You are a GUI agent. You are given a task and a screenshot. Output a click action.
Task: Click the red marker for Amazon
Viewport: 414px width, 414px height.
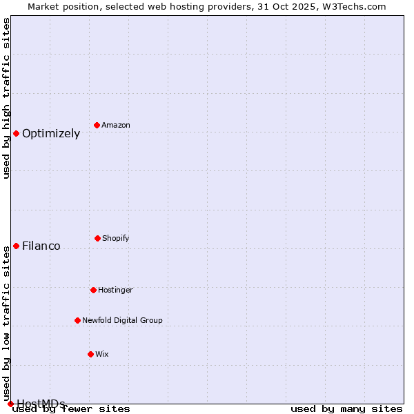(x=97, y=125)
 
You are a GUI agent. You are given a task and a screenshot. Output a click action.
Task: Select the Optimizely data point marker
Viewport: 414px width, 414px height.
(x=16, y=133)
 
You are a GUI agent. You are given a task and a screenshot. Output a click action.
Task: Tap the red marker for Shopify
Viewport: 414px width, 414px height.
(x=97, y=238)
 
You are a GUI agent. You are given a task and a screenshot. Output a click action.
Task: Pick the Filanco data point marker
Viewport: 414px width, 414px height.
(x=16, y=246)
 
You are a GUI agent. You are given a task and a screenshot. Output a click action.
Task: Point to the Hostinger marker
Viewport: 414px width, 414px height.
(x=93, y=290)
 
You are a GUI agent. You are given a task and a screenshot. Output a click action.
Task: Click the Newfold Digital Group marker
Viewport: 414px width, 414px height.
(x=77, y=320)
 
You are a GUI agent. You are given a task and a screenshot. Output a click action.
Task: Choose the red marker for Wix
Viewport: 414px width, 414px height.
(x=90, y=354)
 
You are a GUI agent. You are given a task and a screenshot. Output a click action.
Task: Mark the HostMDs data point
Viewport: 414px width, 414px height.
(x=10, y=404)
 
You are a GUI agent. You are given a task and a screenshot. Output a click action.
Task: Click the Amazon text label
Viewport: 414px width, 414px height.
(x=116, y=125)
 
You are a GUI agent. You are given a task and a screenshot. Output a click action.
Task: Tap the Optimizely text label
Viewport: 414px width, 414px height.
(x=51, y=134)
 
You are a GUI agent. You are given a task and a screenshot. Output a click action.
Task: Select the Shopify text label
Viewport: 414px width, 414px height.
(x=116, y=238)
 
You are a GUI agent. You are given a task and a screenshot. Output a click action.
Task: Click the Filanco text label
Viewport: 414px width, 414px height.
(x=41, y=246)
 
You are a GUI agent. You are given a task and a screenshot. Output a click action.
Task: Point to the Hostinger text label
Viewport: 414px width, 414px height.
(x=115, y=290)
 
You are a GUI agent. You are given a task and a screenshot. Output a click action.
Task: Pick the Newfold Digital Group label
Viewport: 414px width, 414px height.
(x=122, y=320)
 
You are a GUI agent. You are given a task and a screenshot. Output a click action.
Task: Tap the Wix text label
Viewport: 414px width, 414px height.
(x=102, y=354)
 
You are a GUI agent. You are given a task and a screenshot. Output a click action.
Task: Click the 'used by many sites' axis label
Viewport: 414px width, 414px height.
(x=346, y=409)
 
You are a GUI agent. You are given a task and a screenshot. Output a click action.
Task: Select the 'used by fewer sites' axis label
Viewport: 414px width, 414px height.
(x=72, y=409)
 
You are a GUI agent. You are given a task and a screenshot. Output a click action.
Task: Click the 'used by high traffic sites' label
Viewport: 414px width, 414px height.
(x=6, y=98)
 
